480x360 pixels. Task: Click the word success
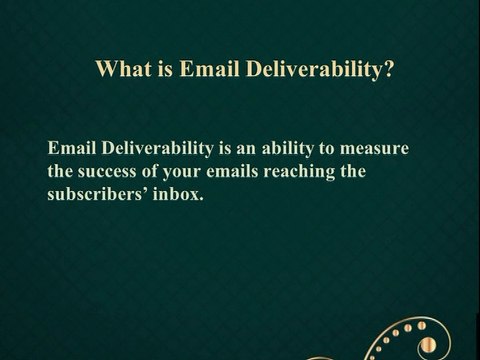pos(115,171)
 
